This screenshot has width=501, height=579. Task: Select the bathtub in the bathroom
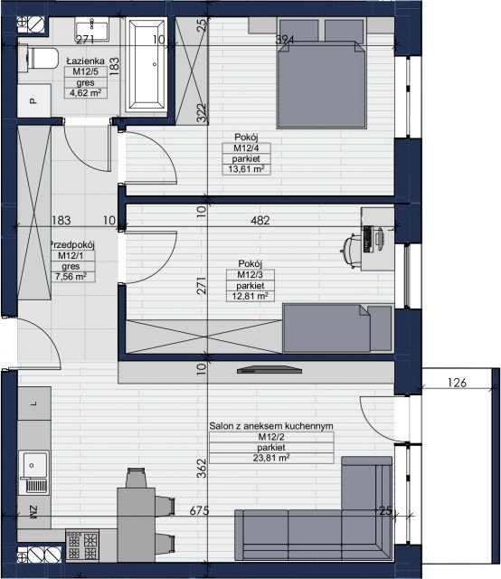coord(147,65)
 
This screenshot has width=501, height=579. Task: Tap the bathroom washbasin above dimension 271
coord(92,29)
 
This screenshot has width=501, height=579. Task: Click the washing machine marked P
coord(34,100)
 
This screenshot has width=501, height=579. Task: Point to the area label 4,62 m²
coord(86,93)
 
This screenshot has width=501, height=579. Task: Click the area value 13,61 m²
coord(246,169)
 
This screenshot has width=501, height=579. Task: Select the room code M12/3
coord(250,275)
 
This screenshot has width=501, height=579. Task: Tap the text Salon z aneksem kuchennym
coord(271,426)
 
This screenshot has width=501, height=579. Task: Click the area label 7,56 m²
coord(71,277)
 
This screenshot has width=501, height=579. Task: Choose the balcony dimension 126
coord(457,383)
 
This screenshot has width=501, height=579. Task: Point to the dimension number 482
coord(260,221)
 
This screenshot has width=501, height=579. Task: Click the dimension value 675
coord(199,510)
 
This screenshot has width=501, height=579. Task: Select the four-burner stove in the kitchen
coord(82,545)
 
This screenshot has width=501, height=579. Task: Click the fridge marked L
coord(34,403)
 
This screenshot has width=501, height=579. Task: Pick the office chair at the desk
coord(350,251)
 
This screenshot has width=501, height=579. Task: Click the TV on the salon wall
coord(269,370)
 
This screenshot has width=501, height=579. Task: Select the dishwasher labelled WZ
coord(34,512)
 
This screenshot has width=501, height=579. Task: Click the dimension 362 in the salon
coord(202,468)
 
